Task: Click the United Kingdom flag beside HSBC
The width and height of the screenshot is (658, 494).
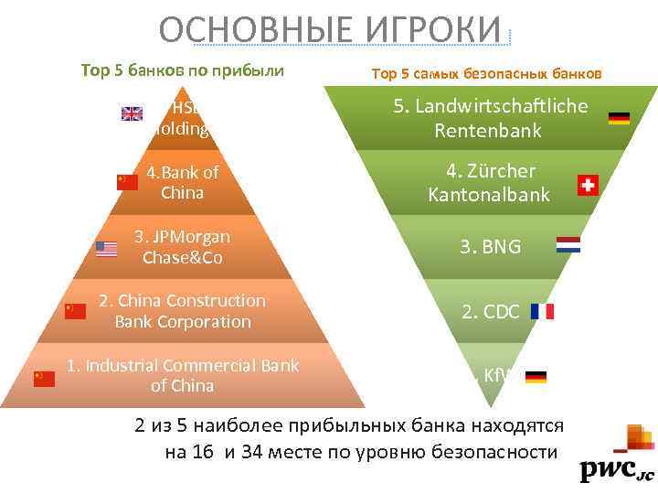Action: (133, 114)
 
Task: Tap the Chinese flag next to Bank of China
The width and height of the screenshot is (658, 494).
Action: (127, 182)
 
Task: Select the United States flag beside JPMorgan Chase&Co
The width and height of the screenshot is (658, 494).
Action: (107, 249)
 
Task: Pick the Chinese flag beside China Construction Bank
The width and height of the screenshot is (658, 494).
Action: (75, 311)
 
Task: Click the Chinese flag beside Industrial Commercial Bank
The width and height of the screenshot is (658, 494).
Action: (44, 379)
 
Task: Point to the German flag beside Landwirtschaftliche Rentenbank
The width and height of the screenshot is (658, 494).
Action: (619, 118)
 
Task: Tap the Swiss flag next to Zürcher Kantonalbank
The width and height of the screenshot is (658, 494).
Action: (589, 186)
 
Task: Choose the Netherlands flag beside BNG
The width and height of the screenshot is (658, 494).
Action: (568, 245)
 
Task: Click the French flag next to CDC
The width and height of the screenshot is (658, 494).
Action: (542, 311)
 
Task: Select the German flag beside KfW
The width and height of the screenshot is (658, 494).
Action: (536, 376)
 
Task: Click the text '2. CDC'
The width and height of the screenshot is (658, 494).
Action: (491, 312)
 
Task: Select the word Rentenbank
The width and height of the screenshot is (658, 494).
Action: (488, 131)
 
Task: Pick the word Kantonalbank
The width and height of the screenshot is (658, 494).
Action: (488, 195)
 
